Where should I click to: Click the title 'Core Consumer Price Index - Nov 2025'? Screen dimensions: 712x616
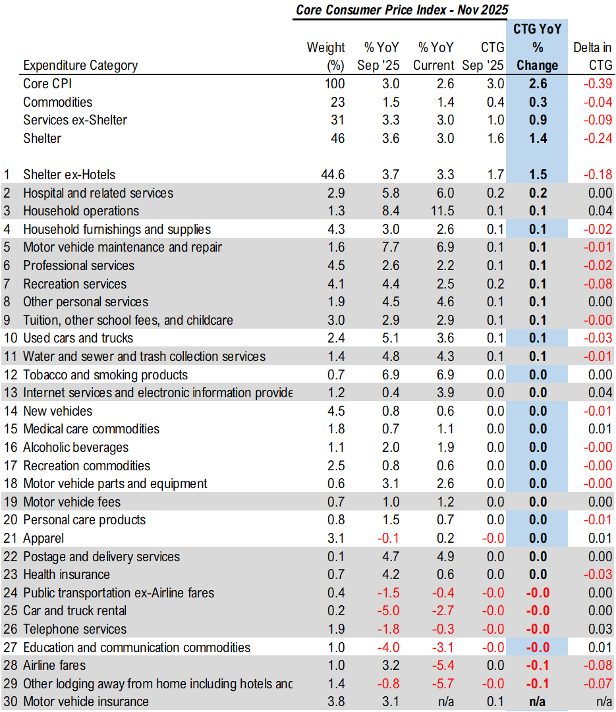tap(402, 10)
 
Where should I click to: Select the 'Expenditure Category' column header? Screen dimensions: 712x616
tap(80, 65)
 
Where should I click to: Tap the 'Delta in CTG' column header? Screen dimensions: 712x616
tap(592, 56)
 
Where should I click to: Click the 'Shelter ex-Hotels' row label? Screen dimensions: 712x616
tap(69, 175)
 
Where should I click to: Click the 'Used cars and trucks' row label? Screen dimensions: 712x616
tap(78, 338)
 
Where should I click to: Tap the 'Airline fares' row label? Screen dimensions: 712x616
tap(54, 665)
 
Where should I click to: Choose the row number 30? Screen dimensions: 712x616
tap(9, 701)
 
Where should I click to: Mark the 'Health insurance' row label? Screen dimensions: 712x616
tap(67, 574)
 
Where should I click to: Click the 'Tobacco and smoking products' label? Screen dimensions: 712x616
tap(105, 375)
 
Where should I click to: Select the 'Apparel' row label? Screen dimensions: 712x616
tap(43, 538)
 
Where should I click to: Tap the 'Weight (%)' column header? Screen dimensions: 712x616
tap(326, 56)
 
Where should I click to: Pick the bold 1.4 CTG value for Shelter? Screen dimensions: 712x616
tap(536, 138)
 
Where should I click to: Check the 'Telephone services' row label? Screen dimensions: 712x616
tap(74, 629)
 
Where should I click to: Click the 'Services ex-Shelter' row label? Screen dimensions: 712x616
tap(75, 120)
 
